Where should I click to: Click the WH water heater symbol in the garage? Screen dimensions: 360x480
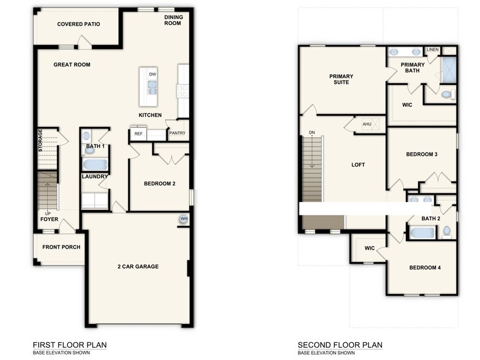(x=183, y=219)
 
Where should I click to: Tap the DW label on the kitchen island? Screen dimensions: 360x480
(x=152, y=75)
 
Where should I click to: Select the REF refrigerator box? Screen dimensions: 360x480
(x=138, y=133)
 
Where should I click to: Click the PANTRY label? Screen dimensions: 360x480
(x=177, y=133)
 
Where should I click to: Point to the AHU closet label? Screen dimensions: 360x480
(x=367, y=124)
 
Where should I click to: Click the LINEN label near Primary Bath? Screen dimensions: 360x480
(x=433, y=50)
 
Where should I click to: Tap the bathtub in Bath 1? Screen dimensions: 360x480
(x=95, y=165)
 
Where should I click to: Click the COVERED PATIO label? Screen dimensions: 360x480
(x=78, y=24)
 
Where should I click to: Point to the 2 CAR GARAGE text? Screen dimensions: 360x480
(x=138, y=266)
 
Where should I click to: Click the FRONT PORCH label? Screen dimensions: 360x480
(x=61, y=247)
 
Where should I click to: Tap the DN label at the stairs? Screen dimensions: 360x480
(x=312, y=132)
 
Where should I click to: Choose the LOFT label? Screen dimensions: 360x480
(x=358, y=165)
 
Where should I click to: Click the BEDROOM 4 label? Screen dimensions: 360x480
(x=425, y=268)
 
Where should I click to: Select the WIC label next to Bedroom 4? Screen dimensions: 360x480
(x=369, y=248)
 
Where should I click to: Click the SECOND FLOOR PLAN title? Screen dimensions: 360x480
(x=340, y=345)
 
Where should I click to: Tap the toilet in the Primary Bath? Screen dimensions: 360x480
(x=446, y=94)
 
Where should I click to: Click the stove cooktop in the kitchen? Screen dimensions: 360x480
(x=182, y=90)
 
